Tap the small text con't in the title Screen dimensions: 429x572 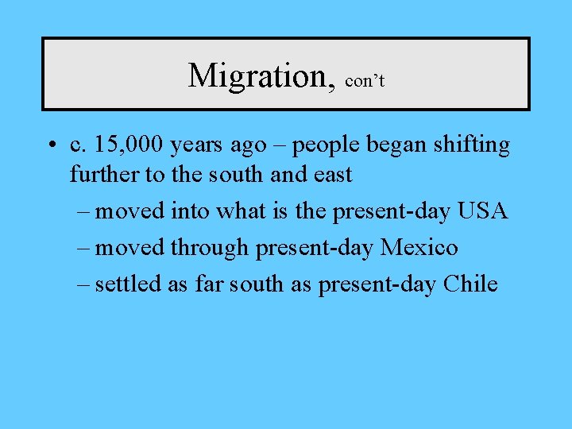(365, 81)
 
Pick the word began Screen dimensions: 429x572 (381, 146)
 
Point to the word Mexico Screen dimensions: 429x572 (419, 248)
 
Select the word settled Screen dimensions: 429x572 (129, 284)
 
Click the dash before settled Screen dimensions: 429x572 (84, 284)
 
